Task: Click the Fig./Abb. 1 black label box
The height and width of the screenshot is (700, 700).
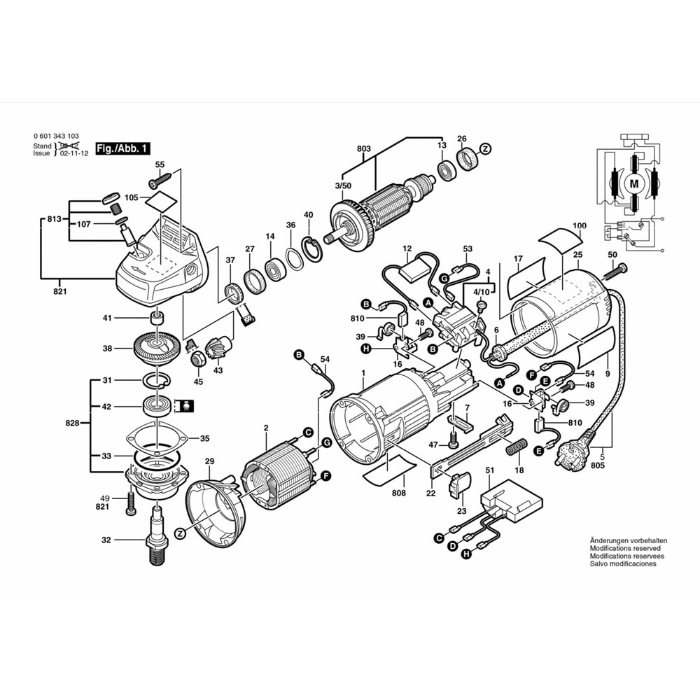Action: (x=122, y=148)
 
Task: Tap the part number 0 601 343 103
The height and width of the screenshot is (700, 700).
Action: (x=56, y=136)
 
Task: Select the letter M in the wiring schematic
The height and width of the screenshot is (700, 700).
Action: (x=634, y=183)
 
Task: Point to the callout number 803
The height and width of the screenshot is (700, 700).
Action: (x=364, y=148)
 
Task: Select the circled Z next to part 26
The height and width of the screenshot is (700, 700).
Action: (x=485, y=148)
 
